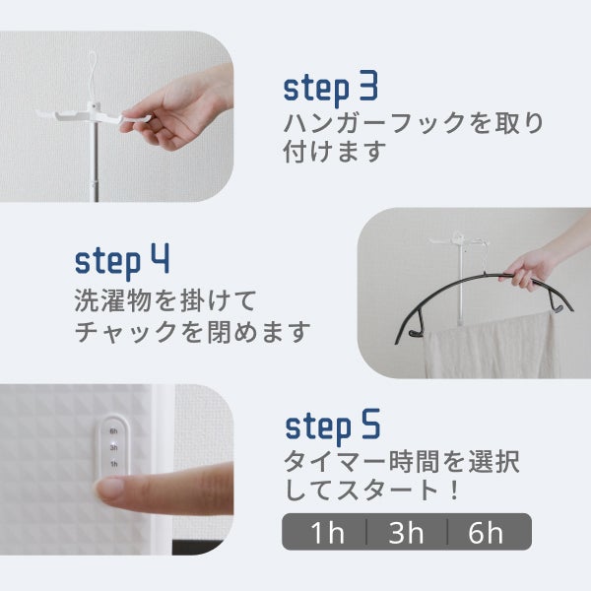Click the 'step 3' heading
click(x=331, y=89)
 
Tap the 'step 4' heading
click(x=122, y=261)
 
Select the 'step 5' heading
click(x=333, y=427)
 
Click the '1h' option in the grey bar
click(x=327, y=533)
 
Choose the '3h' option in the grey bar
click(x=406, y=533)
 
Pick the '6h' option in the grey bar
click(x=486, y=533)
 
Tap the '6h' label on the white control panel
click(x=113, y=430)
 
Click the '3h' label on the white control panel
click(x=113, y=447)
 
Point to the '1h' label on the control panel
click(x=114, y=464)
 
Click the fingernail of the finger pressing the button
click(x=110, y=488)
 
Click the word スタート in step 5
click(x=387, y=491)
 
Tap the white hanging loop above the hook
click(x=94, y=76)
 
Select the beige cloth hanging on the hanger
click(x=489, y=346)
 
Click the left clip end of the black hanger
click(x=416, y=333)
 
